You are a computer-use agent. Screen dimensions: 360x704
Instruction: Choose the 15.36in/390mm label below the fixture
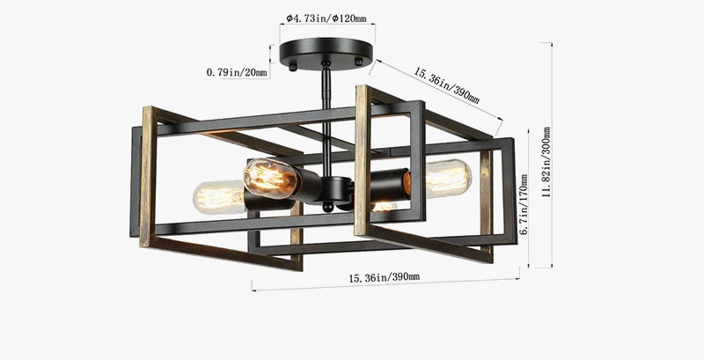click(x=384, y=278)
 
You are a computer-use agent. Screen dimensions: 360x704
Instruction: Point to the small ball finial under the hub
click(x=328, y=209)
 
